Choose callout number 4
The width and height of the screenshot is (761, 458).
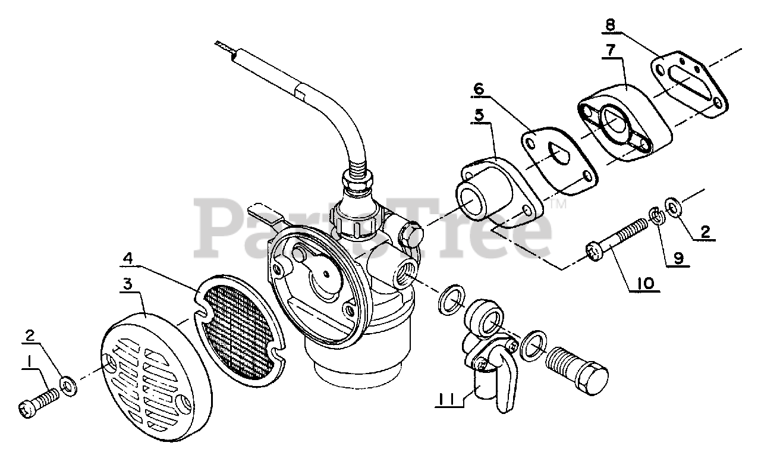(128, 258)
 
